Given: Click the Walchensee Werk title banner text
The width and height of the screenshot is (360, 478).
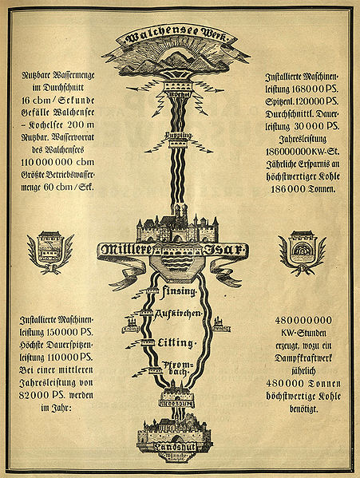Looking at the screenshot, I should tap(180, 37).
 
